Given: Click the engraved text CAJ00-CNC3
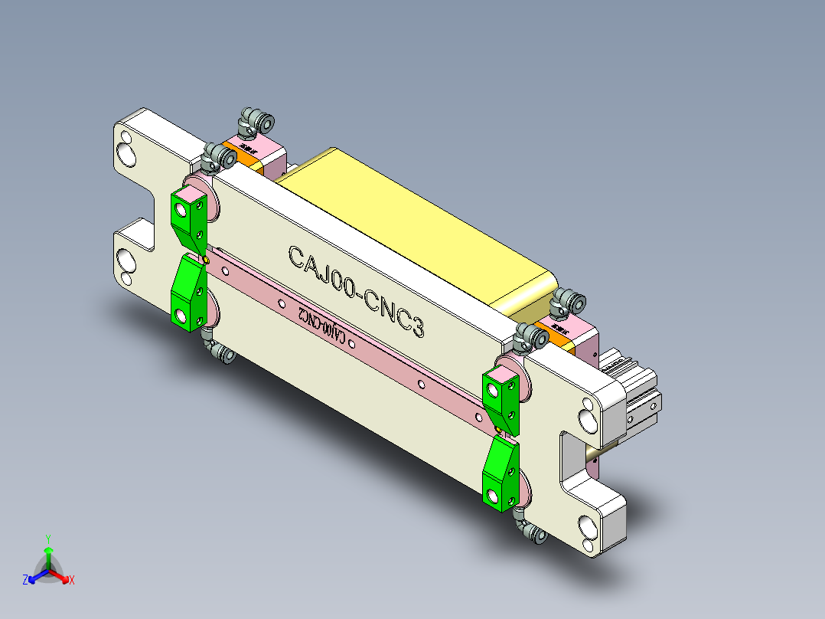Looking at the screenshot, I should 356,290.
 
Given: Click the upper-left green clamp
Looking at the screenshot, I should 189,217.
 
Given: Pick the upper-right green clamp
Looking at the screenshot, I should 502,396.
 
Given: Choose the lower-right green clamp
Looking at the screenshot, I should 501,473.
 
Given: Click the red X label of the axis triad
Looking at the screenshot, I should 72,581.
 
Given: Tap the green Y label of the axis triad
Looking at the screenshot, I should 48,539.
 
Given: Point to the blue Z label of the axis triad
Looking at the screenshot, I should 25,581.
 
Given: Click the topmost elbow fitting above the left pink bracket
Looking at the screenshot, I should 256,120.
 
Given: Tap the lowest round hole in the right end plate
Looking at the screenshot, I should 589,529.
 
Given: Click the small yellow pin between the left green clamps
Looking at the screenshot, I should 207,260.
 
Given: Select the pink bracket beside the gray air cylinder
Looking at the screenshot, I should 586,342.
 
